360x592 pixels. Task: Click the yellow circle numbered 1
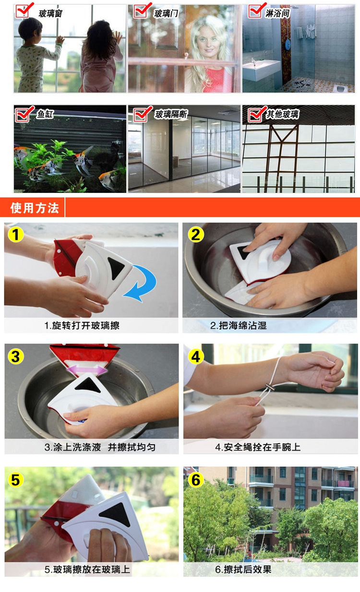(16, 235)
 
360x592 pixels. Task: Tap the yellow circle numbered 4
(195, 356)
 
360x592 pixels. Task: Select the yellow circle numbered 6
(195, 480)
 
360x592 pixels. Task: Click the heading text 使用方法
(35, 208)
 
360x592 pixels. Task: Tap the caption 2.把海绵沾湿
(239, 325)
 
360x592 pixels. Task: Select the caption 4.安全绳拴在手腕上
(258, 447)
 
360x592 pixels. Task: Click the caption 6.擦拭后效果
(243, 569)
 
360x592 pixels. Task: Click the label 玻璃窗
(50, 13)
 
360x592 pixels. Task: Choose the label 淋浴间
(277, 13)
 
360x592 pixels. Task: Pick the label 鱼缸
(45, 114)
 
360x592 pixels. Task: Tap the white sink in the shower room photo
(261, 69)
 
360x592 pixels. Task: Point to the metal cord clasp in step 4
(269, 388)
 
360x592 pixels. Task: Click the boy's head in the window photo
(30, 28)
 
